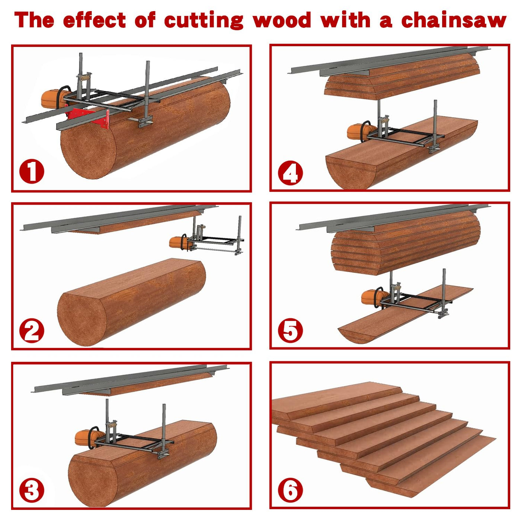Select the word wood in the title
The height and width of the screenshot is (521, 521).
coord(282,20)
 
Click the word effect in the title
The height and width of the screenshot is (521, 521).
coord(95,20)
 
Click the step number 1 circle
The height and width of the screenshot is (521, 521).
coord(32,172)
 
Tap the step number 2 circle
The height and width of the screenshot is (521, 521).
coord(32,330)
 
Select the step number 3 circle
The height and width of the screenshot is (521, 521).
coord(32,490)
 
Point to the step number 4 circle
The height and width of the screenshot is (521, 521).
coord(290,173)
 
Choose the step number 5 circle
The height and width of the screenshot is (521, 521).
coord(290,330)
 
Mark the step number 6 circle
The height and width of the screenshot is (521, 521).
coord(290,490)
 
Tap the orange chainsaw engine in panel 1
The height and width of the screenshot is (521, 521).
coord(53,99)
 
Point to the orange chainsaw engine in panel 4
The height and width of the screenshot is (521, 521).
coord(358,132)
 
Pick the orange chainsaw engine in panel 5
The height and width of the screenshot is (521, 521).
coord(373,297)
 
